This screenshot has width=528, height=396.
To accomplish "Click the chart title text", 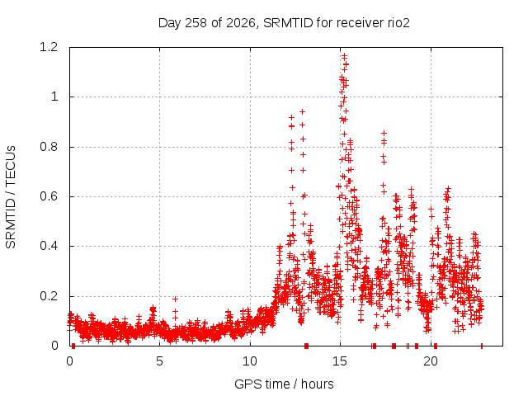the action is coord(284,23).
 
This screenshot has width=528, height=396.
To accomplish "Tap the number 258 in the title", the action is coord(196,23).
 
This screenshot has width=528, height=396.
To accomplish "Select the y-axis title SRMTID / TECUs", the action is coord(11,197).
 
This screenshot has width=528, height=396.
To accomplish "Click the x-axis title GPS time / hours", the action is coord(284,384).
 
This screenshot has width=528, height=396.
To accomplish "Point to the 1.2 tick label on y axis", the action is coord(49,47).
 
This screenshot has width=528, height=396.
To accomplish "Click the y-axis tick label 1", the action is coord(54,97).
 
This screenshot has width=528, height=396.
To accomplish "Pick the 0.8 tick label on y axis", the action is coord(49,147).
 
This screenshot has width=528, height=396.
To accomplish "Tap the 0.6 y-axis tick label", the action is coord(49,196).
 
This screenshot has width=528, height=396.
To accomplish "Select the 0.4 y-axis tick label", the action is coord(49,246).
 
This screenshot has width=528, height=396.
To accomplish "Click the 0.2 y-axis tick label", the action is coord(49,296).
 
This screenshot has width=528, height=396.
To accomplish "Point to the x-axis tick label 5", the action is coord(159,361).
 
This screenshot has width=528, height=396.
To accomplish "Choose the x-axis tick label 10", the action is coord(250,361).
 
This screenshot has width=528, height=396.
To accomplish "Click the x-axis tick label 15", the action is coord(340,361).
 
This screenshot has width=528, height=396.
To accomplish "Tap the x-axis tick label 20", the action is coord(431,361).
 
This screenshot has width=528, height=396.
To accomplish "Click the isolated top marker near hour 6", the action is coord(175,299).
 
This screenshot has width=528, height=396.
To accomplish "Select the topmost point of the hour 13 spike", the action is coord(303,111).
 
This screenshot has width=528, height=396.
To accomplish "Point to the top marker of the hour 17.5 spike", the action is coord(384,134).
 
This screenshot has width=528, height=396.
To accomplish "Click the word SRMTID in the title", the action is coord(288,23).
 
